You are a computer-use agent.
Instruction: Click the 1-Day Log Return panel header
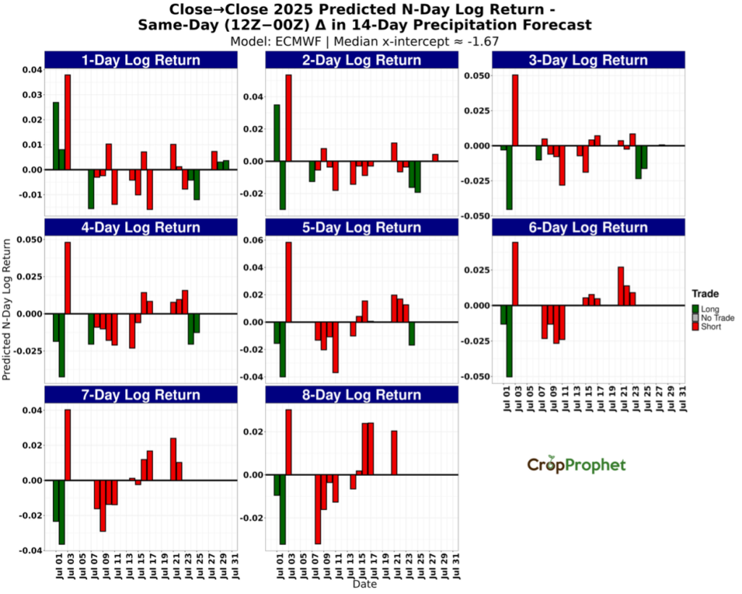pos(141,60)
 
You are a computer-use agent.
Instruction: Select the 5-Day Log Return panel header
pos(362,227)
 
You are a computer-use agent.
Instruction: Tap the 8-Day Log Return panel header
pos(362,395)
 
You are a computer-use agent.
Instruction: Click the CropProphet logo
pos(576,465)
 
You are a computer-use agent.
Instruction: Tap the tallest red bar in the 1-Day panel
pos(67,122)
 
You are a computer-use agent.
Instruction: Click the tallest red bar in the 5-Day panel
pos(288,282)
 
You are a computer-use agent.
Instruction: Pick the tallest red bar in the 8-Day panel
pos(288,442)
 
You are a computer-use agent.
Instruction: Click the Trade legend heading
pos(705,294)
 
